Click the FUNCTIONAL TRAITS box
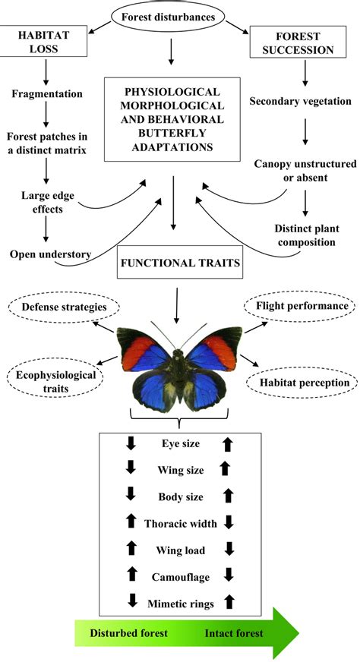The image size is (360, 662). pos(179,264)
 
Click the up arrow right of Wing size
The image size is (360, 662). pos(224,468)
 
